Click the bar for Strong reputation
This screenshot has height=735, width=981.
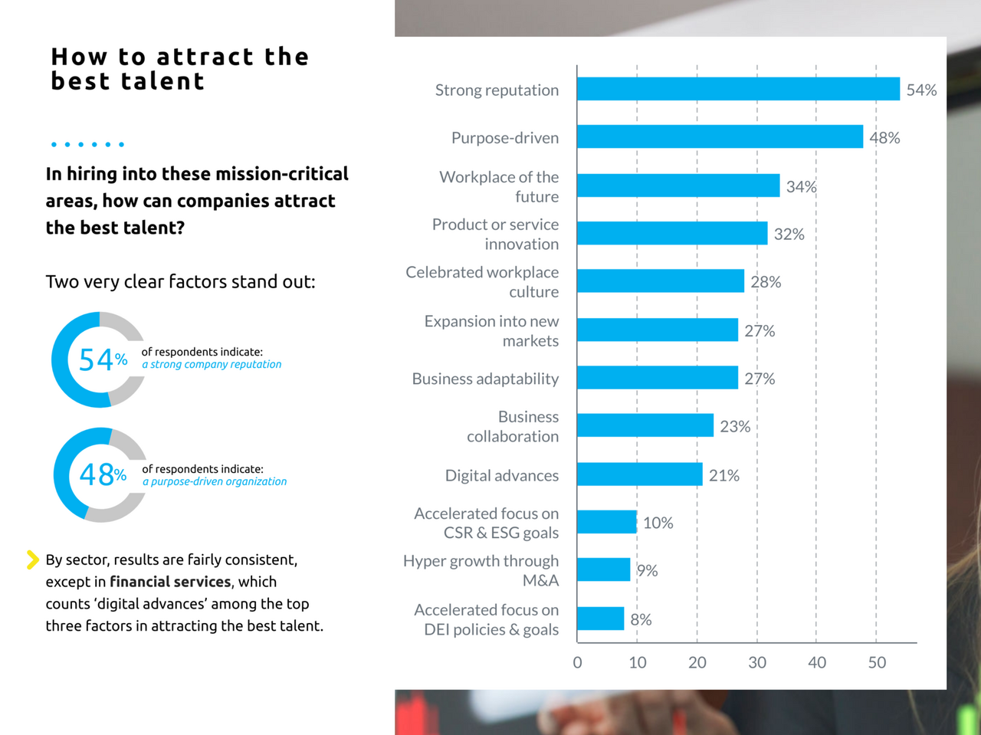click(x=738, y=89)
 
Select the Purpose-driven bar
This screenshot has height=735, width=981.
click(x=720, y=136)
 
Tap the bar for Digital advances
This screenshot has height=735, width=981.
click(x=639, y=474)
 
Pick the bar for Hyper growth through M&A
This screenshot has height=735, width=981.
click(x=603, y=569)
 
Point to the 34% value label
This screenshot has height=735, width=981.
click(x=801, y=186)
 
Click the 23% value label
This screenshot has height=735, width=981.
click(x=734, y=426)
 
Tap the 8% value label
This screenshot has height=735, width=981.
click(x=641, y=619)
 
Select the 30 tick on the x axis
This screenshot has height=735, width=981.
click(x=756, y=662)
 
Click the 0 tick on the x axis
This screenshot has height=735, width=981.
click(x=577, y=662)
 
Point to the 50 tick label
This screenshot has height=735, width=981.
click(x=877, y=662)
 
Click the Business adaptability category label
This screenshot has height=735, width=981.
click(x=485, y=379)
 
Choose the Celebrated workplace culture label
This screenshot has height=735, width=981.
click(x=482, y=281)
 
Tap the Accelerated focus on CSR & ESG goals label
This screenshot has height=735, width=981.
click(x=486, y=523)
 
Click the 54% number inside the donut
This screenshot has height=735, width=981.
click(x=103, y=359)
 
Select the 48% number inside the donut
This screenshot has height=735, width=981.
click(x=103, y=475)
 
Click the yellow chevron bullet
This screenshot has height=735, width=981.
click(x=32, y=559)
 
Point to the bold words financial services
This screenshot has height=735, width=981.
click(x=170, y=582)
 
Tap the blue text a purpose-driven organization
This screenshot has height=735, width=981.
click(x=215, y=481)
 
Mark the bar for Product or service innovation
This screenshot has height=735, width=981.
click(x=672, y=233)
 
